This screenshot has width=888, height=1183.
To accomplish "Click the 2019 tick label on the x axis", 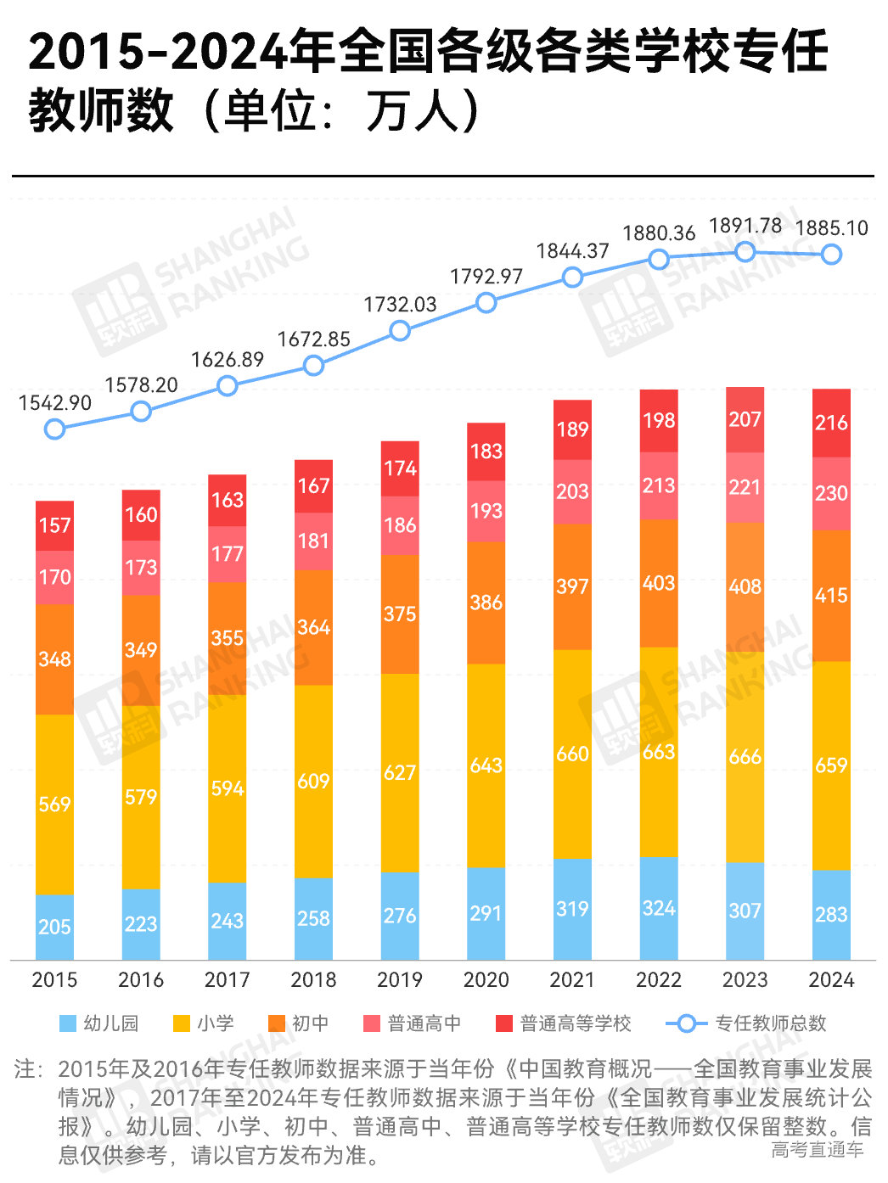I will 399,979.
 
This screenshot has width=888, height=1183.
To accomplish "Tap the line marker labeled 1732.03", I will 400,331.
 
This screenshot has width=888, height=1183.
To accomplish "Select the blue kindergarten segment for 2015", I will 54,927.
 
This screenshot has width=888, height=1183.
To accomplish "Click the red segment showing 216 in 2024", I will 831,423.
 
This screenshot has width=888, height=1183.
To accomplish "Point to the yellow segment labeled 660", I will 572,754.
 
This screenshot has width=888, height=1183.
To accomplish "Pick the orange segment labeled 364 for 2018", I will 313,627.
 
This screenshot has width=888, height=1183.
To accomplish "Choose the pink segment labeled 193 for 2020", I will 486,511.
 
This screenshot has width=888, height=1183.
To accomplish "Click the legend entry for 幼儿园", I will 99,1023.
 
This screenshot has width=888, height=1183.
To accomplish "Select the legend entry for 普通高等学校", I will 564,1023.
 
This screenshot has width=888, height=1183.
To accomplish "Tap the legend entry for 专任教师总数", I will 747,1023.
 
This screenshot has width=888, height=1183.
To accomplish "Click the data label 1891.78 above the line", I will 745,226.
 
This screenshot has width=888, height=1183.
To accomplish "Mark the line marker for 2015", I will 54,429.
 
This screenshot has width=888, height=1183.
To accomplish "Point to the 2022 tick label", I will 659,979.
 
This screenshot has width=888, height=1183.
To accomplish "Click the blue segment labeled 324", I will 659,908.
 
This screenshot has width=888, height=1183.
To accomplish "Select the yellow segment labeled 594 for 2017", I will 228,788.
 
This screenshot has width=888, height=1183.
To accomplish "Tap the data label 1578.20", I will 141,385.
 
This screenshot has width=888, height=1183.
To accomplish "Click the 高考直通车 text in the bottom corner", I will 817,1150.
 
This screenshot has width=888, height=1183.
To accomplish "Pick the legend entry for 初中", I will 299,1023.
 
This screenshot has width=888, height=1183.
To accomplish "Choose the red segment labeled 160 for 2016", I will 141,514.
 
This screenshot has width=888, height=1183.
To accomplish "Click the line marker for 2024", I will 831,254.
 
